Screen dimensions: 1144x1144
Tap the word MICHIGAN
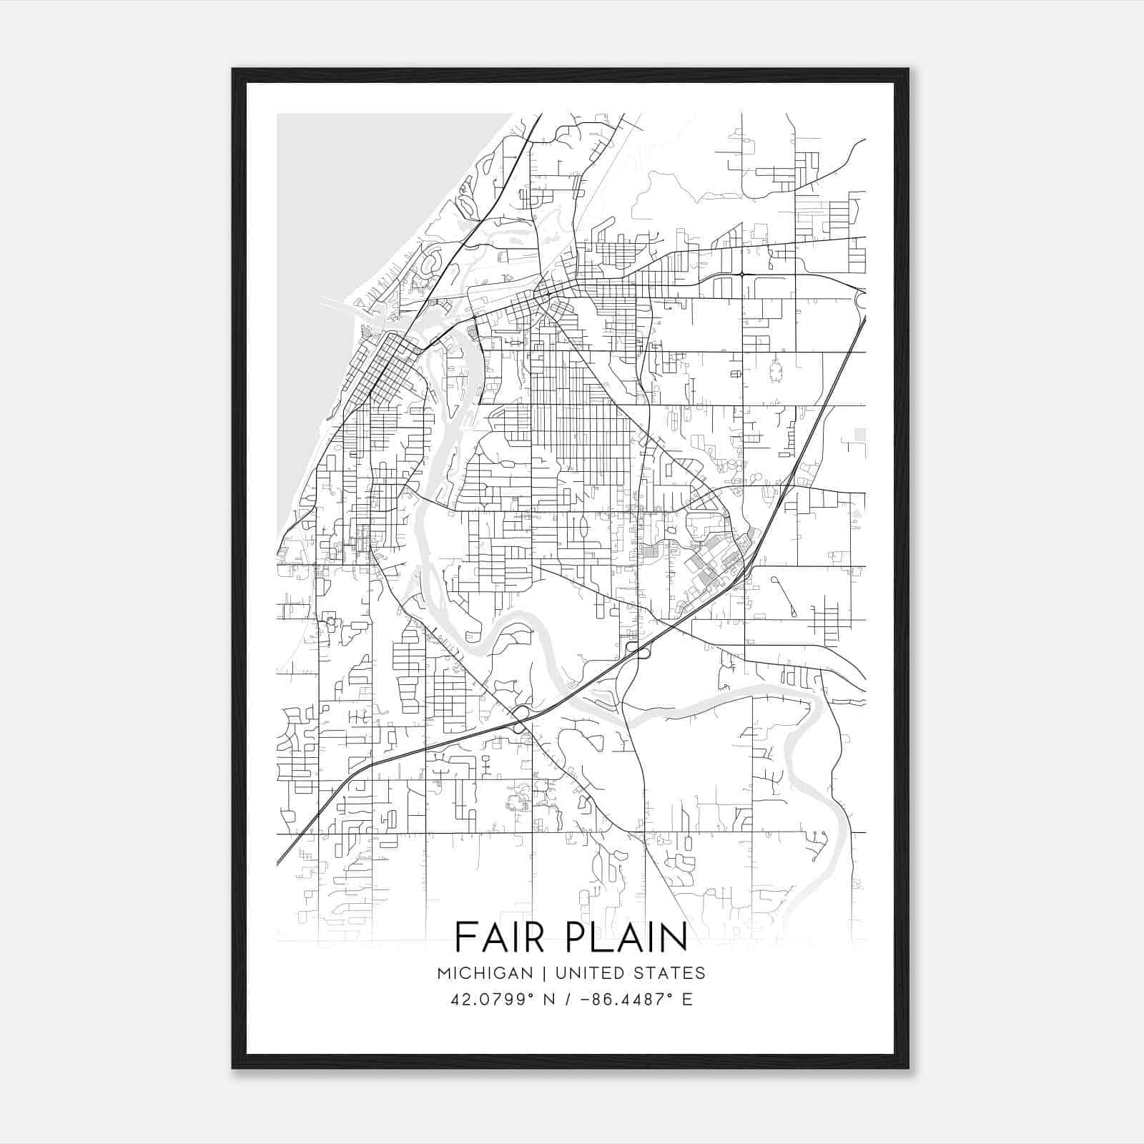(485, 973)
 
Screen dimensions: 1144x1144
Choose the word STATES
(671, 973)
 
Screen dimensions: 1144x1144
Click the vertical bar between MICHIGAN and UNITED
(544, 973)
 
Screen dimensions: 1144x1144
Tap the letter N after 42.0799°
(550, 1000)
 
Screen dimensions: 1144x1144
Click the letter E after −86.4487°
(687, 1000)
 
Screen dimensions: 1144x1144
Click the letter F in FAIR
(465, 937)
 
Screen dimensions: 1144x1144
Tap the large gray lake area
(343, 250)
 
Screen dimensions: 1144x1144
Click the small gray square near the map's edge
(860, 434)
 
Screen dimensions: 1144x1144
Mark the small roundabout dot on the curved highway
(743, 274)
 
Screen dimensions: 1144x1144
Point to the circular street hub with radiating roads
(774, 370)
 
